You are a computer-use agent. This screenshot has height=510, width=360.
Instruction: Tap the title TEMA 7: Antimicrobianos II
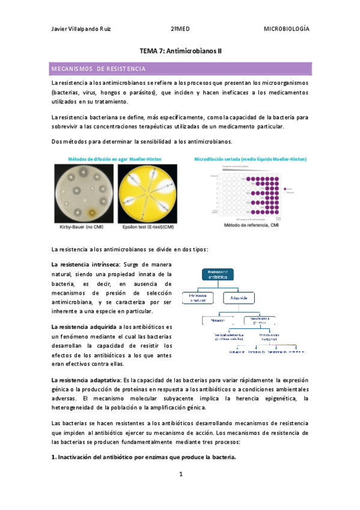point(180,52)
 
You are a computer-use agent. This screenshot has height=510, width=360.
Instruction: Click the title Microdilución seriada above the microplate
point(251,159)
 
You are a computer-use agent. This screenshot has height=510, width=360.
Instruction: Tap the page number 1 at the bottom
point(180,475)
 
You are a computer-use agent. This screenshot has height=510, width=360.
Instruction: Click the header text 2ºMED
point(180,29)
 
